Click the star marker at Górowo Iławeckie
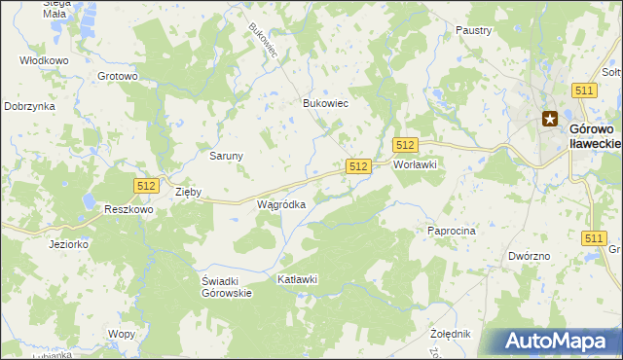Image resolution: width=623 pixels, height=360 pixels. [550, 121]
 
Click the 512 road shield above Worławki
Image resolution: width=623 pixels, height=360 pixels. [406, 145]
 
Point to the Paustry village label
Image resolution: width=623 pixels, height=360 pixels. [473, 30]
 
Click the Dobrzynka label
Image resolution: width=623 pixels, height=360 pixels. [28, 106]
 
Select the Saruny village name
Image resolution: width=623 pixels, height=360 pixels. [227, 155]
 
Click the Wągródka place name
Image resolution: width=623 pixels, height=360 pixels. [281, 205]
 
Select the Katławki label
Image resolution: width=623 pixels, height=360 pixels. [298, 280]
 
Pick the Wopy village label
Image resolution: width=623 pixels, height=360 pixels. [122, 334]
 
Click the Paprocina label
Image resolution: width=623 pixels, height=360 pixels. [451, 231]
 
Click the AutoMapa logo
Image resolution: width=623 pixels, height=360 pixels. [559, 342]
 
